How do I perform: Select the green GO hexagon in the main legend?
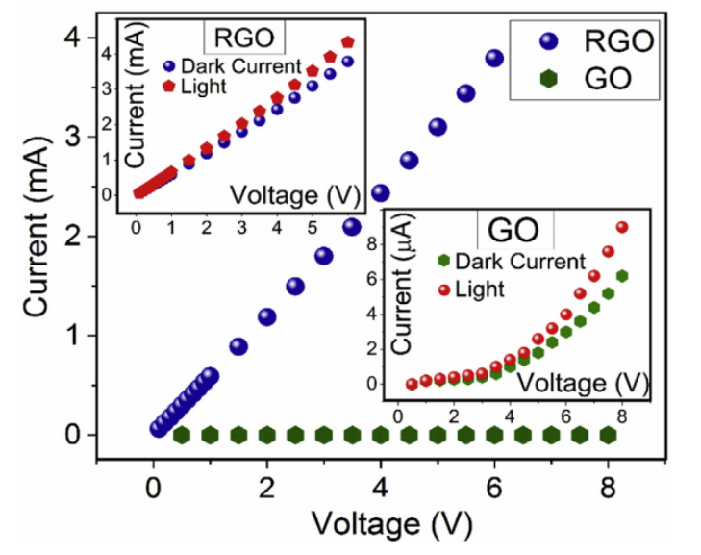coord(548,78)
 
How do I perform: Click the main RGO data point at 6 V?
coord(494,58)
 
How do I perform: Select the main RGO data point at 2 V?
coord(266,317)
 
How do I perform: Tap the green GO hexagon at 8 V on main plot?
coord(608,436)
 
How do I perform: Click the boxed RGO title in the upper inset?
coord(245,38)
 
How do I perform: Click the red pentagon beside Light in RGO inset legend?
coord(168,86)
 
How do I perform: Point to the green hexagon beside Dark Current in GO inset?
coord(443,261)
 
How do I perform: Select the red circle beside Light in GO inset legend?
coord(443,288)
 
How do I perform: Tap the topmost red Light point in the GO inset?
coord(622,227)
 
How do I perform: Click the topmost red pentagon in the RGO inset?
coord(348,41)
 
